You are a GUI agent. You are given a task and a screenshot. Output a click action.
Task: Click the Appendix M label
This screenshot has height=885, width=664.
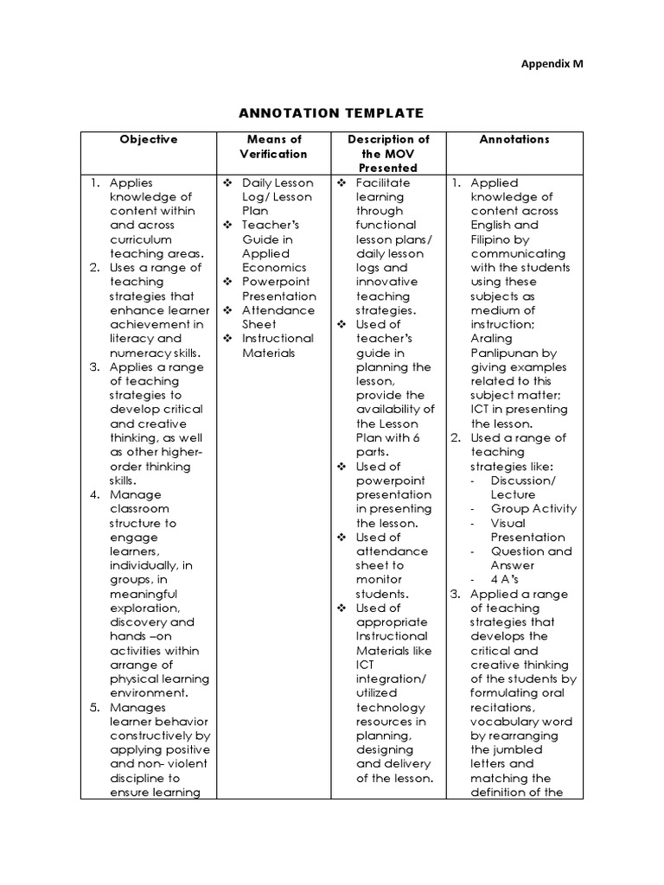(x=557, y=64)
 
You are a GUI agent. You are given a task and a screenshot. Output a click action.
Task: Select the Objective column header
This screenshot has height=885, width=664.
(x=149, y=139)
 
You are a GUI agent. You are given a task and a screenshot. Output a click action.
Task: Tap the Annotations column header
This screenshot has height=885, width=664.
(x=514, y=139)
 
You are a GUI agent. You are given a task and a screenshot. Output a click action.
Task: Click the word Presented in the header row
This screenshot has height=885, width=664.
(x=388, y=168)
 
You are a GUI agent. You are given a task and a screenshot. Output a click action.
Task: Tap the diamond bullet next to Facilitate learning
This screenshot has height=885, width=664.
(x=342, y=182)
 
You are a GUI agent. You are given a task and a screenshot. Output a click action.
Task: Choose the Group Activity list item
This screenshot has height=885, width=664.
(x=533, y=508)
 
